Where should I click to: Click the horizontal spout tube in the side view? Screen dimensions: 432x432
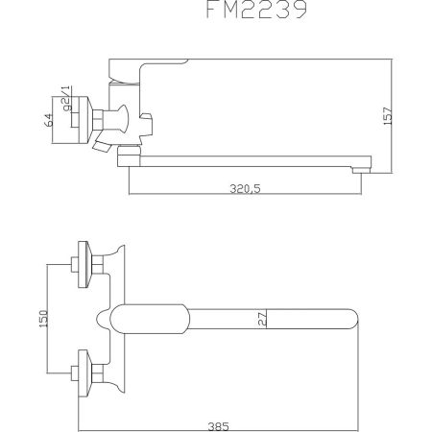pyautogui.click(x=250, y=156)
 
